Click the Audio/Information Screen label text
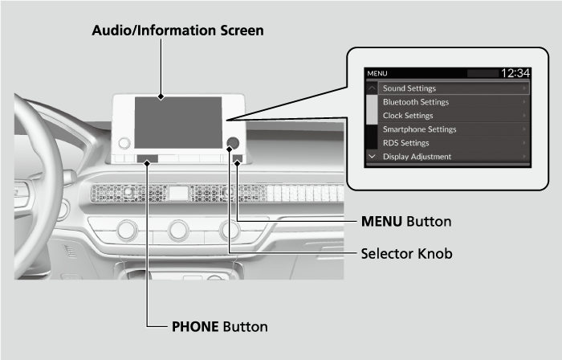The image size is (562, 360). click(x=177, y=30)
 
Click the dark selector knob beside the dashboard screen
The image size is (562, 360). click(x=233, y=143)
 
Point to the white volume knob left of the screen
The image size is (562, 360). click(x=124, y=144)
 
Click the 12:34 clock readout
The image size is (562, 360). click(x=515, y=73)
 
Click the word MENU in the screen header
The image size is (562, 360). click(x=377, y=74)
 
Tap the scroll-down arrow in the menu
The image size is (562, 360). click(x=372, y=156)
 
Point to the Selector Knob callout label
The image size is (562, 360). click(x=406, y=253)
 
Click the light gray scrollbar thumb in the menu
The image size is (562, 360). click(x=372, y=108)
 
